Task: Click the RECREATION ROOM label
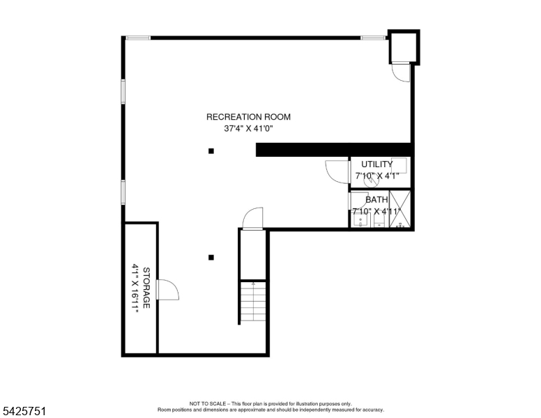248,117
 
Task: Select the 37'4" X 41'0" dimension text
248,128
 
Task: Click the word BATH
376,200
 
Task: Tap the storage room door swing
168,290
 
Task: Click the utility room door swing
336,171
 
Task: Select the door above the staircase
252,219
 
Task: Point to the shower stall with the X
400,208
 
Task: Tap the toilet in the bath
379,221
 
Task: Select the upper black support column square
211,150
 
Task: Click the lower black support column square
211,257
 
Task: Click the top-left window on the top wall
138,38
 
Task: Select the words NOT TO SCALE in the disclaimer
206,403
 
